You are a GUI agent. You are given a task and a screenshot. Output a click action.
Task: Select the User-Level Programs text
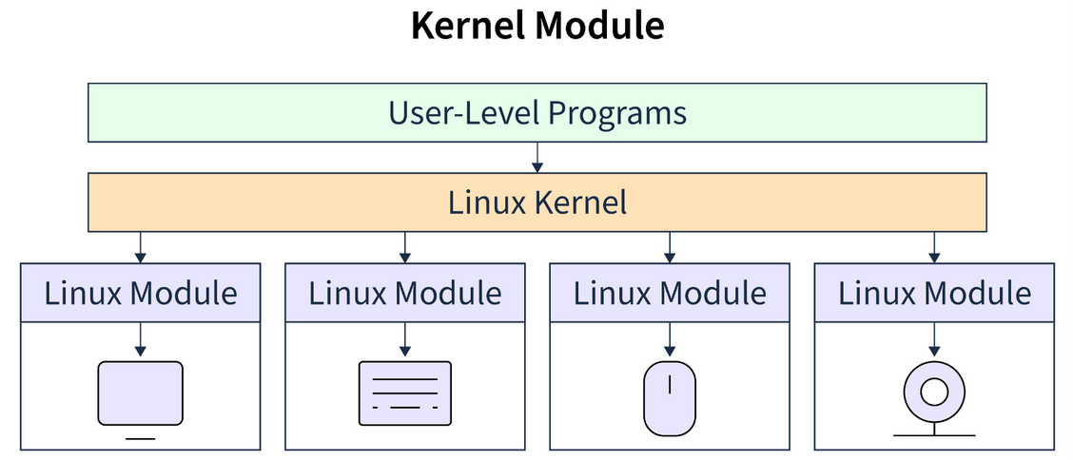(x=536, y=113)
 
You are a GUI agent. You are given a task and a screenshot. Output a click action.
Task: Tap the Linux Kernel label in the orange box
(x=536, y=202)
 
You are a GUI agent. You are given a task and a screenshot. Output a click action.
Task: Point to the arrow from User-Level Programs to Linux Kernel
(x=536, y=158)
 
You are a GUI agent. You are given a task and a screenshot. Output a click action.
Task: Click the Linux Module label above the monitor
(x=141, y=293)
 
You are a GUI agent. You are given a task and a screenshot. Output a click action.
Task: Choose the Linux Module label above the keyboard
(x=405, y=293)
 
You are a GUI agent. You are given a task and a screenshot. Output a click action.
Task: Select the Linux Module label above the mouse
(x=670, y=293)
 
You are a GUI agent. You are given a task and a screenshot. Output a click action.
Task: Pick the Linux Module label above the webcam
(x=934, y=293)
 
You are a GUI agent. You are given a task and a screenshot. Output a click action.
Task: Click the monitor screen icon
(x=141, y=393)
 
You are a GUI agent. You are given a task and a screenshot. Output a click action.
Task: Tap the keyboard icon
(x=405, y=393)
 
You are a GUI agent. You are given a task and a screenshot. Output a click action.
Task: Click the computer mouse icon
(x=670, y=399)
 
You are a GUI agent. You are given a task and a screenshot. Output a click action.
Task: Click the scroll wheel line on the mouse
(x=670, y=385)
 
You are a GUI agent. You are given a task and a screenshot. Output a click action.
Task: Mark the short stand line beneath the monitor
(x=141, y=438)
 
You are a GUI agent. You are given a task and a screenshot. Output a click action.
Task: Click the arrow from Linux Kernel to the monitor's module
(x=141, y=247)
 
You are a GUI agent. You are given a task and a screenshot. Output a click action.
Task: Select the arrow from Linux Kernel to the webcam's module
(x=934, y=247)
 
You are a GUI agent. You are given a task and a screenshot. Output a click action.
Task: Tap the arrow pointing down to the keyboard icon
(x=405, y=337)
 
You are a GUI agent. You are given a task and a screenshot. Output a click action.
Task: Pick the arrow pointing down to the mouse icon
(x=670, y=337)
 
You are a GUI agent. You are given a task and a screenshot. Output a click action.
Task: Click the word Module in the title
(x=597, y=26)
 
